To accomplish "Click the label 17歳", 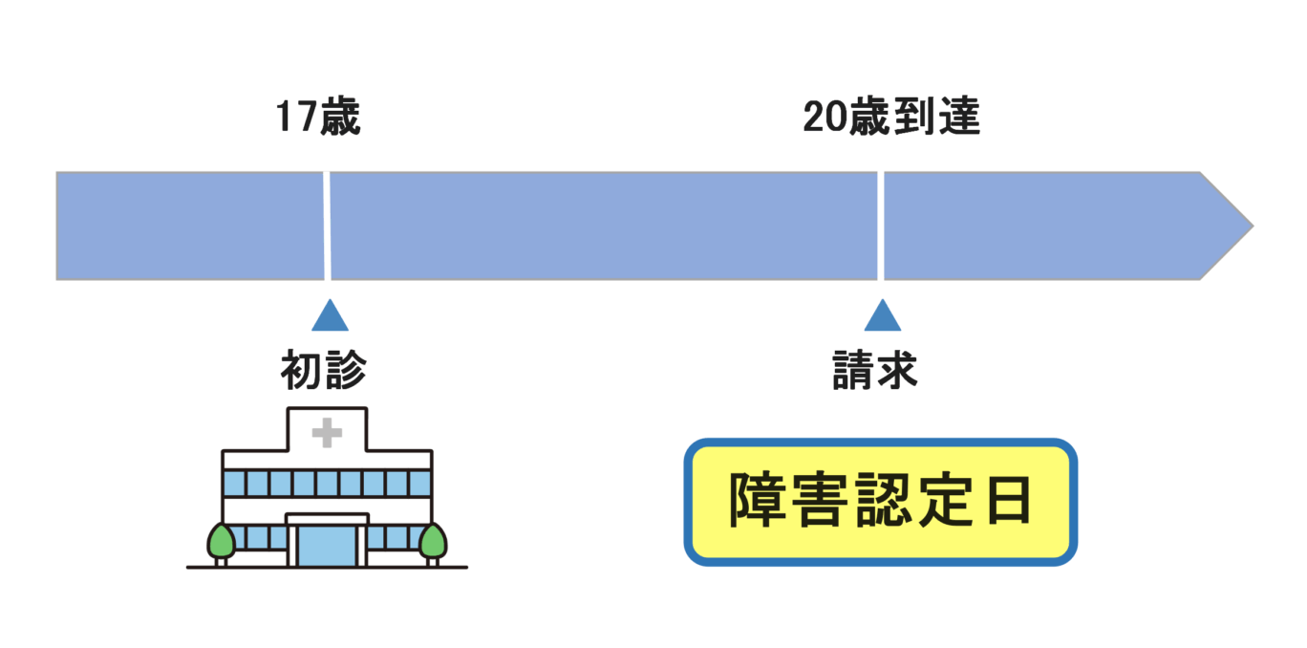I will (x=318, y=118).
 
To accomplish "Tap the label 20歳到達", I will (x=891, y=118).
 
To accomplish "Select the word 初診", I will (x=323, y=371).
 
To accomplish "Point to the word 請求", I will (x=875, y=371).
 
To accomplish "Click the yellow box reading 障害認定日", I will (x=880, y=502).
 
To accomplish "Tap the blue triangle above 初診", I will (x=330, y=317).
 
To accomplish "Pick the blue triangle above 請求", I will (x=882, y=317).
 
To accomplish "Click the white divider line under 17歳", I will (x=328, y=226).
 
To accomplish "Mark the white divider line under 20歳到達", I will (x=881, y=226).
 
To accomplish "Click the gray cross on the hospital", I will (x=327, y=434).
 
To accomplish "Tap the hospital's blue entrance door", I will (x=327, y=545).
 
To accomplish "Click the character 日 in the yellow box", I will (x=1008, y=502).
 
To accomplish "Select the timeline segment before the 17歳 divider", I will (x=191, y=226).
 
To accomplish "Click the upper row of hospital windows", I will (x=327, y=483).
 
